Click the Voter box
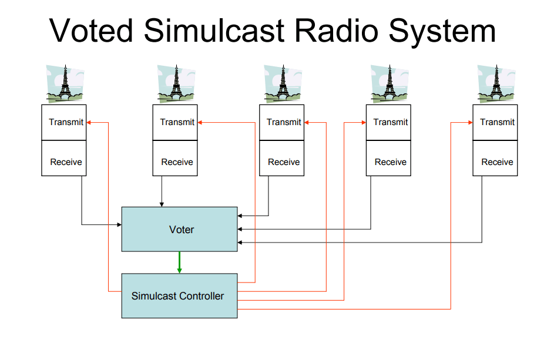click(x=180, y=230)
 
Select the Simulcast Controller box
click(x=179, y=296)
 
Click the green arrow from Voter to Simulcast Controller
click(x=180, y=263)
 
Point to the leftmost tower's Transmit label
click(x=66, y=122)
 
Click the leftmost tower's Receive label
click(x=66, y=162)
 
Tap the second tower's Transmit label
click(x=177, y=122)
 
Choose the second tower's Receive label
click(x=177, y=162)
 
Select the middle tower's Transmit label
click(x=284, y=122)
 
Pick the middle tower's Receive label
click(x=284, y=162)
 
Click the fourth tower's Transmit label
click(x=391, y=122)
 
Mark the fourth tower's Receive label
click(x=391, y=162)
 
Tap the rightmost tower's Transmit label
click(x=497, y=122)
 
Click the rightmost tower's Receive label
click(x=497, y=162)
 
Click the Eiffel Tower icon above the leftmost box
click(x=65, y=85)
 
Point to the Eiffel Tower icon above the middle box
click(x=283, y=85)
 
